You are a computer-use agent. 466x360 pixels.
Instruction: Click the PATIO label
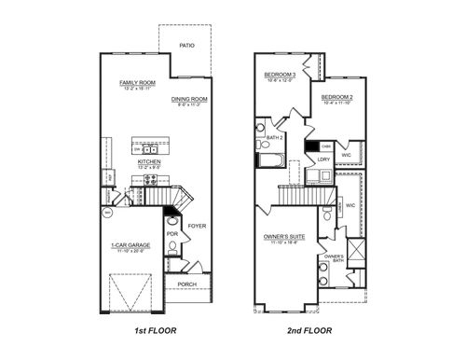[x=186, y=43]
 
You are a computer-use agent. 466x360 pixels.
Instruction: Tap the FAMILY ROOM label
[x=136, y=83]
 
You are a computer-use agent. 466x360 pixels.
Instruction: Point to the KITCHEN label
[x=150, y=160]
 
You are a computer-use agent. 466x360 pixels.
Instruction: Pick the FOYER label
[x=197, y=225]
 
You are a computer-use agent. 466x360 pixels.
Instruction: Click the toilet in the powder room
[x=172, y=247]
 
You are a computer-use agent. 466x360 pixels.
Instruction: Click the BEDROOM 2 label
[x=337, y=96]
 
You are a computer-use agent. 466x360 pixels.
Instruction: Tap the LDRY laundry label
[x=324, y=159]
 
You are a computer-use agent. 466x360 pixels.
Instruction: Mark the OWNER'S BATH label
[x=334, y=257]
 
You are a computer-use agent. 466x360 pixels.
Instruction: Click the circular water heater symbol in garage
[x=107, y=214]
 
